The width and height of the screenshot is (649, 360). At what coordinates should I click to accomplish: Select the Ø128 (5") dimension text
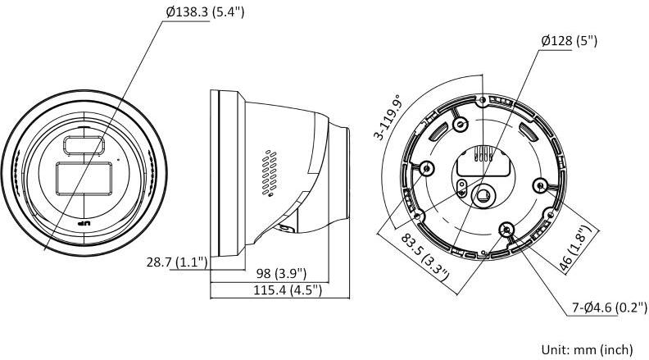tap(569, 39)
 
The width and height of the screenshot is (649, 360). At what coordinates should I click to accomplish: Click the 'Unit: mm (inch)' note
tap(585, 349)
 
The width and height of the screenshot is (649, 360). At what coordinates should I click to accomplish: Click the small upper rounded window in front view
tap(82, 145)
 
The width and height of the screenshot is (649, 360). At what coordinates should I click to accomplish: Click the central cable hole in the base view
tap(485, 194)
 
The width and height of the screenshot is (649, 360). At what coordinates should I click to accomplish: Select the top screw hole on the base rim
tap(482, 100)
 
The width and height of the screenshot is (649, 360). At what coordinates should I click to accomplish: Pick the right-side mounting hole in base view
tap(540, 185)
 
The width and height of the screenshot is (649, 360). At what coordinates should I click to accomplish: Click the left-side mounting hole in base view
tap(425, 169)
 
